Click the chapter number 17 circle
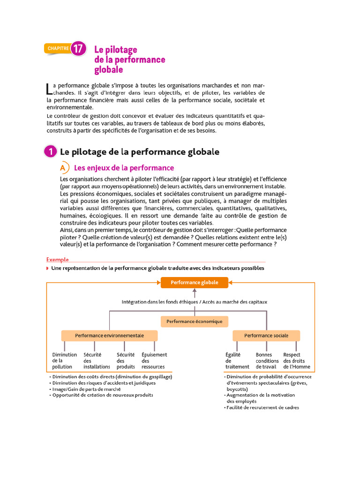pyautogui.click(x=78, y=48)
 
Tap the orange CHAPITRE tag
pyautogui.click(x=57, y=48)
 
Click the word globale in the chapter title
pyautogui.click(x=109, y=70)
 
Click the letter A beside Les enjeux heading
pyautogui.click(x=63, y=168)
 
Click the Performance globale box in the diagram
pyautogui.click(x=194, y=283)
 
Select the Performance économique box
pyautogui.click(x=195, y=321)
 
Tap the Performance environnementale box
pyautogui.click(x=109, y=336)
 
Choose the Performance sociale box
pyautogui.click(x=266, y=336)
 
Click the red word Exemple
pyautogui.click(x=58, y=259)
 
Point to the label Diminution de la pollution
pyautogui.click(x=64, y=361)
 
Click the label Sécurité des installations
pyautogui.click(x=97, y=361)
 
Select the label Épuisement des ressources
pyautogui.click(x=154, y=361)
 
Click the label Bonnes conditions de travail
pyautogui.click(x=267, y=361)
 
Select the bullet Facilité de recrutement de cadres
pyautogui.click(x=263, y=407)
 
